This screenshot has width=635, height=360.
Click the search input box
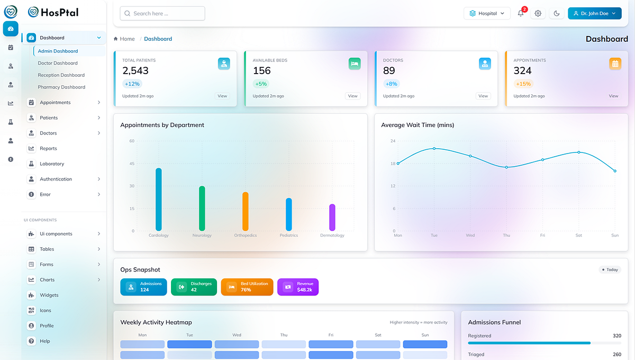click(162, 13)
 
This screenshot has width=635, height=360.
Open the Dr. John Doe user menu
click(594, 13)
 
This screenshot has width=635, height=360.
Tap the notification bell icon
click(521, 13)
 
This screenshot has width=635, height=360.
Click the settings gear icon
click(538, 13)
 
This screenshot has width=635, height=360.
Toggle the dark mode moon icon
click(556, 13)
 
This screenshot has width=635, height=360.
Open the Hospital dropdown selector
click(487, 13)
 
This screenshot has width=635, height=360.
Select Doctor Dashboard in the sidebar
click(58, 63)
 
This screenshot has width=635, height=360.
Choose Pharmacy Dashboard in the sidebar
click(61, 87)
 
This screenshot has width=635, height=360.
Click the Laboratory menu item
click(52, 164)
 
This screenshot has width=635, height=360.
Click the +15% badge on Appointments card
click(523, 84)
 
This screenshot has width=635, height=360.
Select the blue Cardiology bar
click(158, 199)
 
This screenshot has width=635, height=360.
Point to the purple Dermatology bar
click(332, 217)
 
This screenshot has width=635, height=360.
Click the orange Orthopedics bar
click(246, 211)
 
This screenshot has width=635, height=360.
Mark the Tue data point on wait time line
click(434, 148)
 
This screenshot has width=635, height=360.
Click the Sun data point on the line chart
click(615, 171)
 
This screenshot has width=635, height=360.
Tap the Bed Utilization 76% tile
click(247, 286)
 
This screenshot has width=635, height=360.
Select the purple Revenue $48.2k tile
click(298, 286)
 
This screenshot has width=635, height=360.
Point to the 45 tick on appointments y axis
click(132, 164)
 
